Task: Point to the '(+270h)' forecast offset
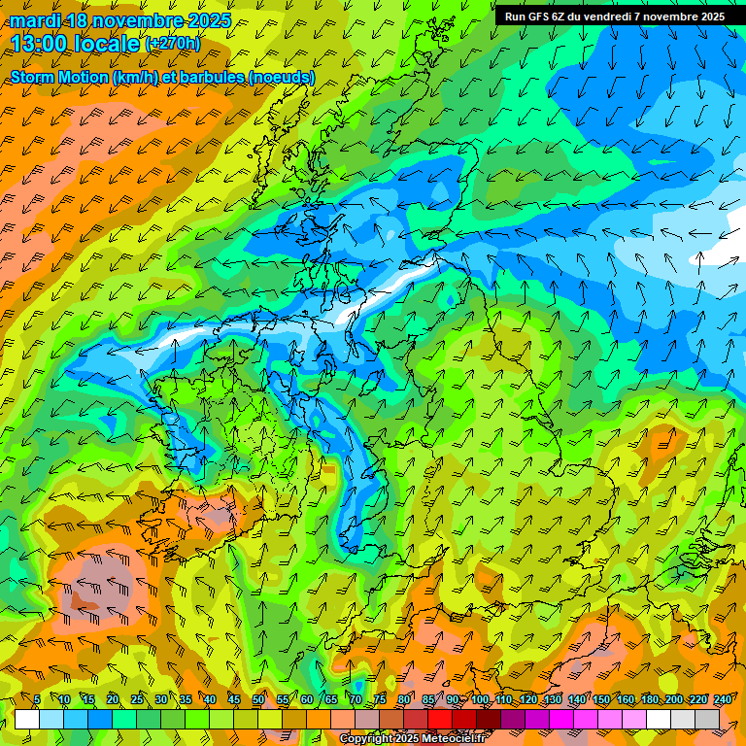click(x=173, y=43)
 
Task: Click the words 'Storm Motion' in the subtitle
click(x=58, y=77)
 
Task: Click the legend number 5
click(x=37, y=699)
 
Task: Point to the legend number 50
click(x=258, y=699)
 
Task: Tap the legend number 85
click(x=428, y=699)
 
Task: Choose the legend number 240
click(x=723, y=699)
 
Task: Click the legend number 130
click(x=552, y=699)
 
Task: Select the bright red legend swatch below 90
click(x=440, y=719)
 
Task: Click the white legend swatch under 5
click(x=27, y=719)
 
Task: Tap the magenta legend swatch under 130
click(x=562, y=719)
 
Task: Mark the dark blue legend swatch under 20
click(x=100, y=719)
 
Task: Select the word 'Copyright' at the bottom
click(x=367, y=739)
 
